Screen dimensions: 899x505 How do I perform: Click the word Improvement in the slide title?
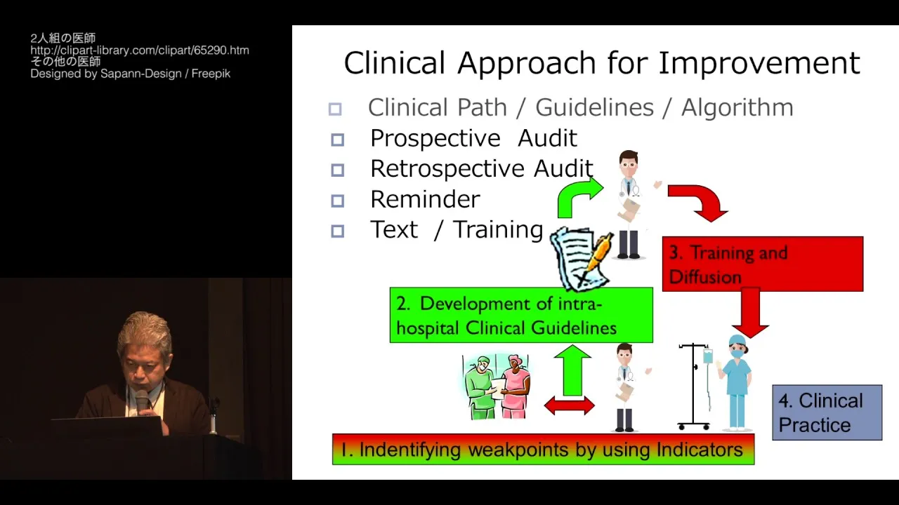[x=759, y=63]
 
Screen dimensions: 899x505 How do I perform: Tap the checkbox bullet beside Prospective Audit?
[x=337, y=140]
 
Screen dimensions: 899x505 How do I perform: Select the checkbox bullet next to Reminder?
[x=337, y=201]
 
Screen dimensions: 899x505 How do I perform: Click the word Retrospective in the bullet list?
[x=447, y=170]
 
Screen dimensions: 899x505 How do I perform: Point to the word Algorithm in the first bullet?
[x=737, y=107]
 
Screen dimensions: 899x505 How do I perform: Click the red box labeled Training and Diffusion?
[x=763, y=264]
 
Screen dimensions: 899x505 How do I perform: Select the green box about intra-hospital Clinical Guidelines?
[x=521, y=315]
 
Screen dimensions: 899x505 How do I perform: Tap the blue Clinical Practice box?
[x=827, y=412]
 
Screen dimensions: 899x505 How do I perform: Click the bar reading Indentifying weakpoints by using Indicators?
[x=544, y=450]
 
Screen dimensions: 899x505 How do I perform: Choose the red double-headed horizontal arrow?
[x=569, y=405]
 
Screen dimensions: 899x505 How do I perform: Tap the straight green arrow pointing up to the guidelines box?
[x=572, y=371]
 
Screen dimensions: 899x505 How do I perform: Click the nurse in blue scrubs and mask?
[x=735, y=383]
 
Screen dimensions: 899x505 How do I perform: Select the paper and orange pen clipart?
[x=581, y=259]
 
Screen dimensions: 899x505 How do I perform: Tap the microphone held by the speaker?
[x=141, y=401]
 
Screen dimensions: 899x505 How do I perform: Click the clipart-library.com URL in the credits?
[x=140, y=50]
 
